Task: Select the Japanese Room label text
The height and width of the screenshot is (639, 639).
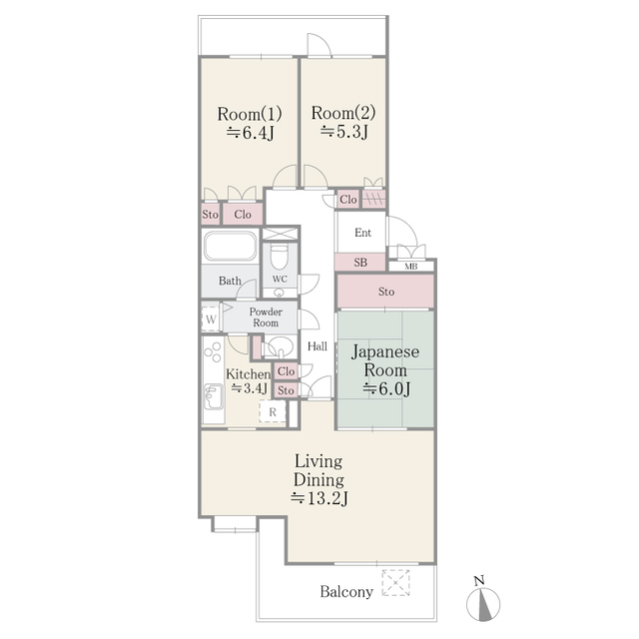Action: (383, 361)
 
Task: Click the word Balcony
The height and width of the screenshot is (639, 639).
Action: (346, 592)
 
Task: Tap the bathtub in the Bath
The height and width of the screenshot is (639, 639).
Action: (231, 248)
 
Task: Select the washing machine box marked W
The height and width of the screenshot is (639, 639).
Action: (211, 319)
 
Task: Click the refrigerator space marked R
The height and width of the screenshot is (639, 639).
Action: (272, 411)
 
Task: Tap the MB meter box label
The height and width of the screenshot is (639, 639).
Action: (410, 267)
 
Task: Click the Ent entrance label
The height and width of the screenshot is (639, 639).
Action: (363, 233)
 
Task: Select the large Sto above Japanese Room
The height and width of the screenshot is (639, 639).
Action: (385, 292)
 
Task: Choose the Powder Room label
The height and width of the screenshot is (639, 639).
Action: (266, 318)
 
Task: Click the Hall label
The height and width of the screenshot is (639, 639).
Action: (318, 346)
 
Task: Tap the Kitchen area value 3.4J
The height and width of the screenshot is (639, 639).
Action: (250, 388)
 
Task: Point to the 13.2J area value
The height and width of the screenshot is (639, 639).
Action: (319, 497)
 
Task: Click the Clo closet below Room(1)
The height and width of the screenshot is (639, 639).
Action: (242, 214)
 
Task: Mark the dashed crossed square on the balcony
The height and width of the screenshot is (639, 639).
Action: (396, 581)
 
